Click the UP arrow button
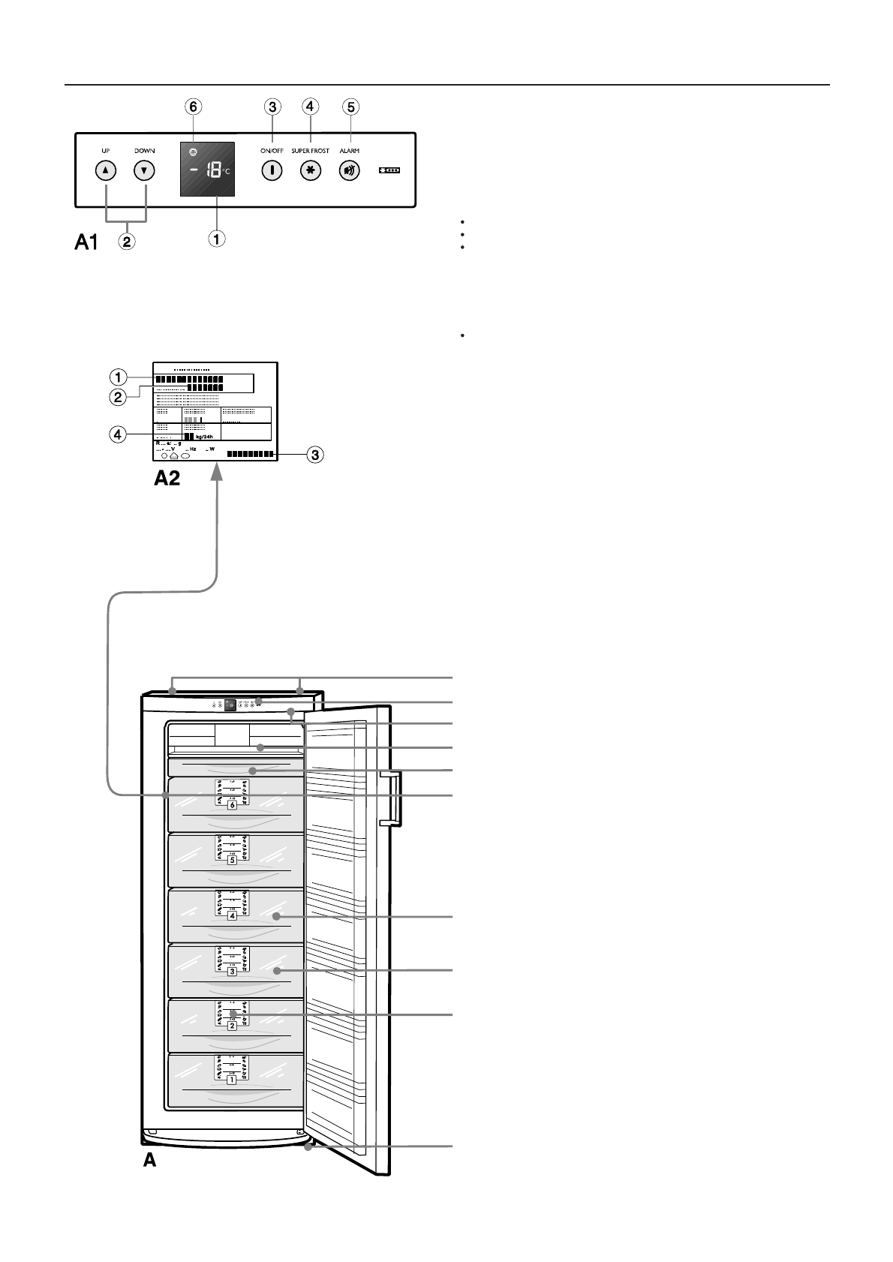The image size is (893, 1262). point(106,170)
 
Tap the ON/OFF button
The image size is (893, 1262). point(272,170)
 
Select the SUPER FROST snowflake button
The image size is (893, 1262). point(310,170)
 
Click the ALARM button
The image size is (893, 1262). point(349,170)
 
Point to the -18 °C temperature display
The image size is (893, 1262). point(207,170)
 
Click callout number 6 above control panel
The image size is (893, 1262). point(194,107)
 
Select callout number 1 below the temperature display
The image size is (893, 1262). point(216,239)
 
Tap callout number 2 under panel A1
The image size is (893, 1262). point(128,242)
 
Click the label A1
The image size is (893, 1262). point(86,242)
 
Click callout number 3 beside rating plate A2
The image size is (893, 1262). point(317,455)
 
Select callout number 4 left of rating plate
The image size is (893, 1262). point(117,433)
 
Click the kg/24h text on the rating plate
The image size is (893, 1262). point(205,437)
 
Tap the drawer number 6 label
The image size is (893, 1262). point(232,805)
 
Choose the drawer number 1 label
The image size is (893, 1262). point(232,1080)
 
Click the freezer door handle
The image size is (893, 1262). point(392,797)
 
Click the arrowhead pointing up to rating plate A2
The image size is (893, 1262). point(218,470)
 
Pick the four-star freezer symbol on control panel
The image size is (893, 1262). point(389,171)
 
